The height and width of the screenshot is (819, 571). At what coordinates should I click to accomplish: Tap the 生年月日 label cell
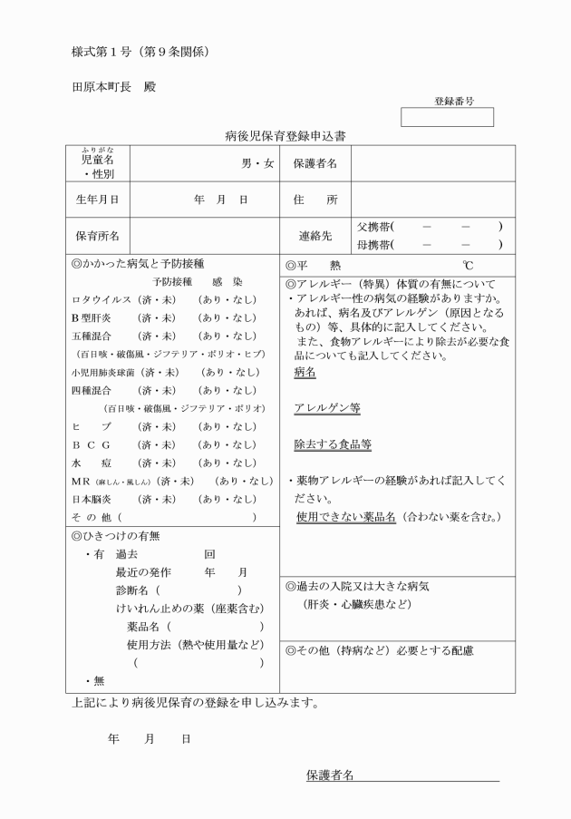(98, 199)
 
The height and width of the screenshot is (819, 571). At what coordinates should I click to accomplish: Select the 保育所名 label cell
(98, 236)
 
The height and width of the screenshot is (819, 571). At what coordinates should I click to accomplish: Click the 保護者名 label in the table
(315, 163)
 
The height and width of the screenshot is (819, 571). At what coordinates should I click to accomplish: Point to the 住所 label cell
(315, 199)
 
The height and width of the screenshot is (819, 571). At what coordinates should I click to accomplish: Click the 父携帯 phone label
(374, 227)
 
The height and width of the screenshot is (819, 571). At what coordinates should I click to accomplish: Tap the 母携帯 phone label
(374, 245)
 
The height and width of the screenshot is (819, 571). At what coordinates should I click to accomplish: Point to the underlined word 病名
(305, 373)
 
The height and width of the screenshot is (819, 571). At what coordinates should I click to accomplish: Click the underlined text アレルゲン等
(326, 408)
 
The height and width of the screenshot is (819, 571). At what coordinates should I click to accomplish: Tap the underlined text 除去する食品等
(332, 444)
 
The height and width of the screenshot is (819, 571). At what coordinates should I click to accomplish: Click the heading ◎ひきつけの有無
(114, 536)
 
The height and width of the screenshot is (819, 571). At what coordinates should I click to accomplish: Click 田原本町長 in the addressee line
(102, 87)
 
